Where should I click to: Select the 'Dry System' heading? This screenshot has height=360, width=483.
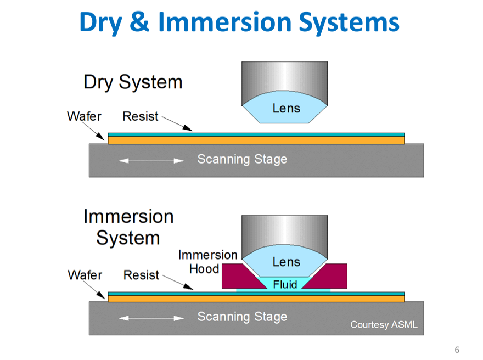pos(132,82)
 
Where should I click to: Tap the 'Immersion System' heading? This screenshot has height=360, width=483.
pos(128,227)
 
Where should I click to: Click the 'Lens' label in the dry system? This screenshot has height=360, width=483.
pos(286,108)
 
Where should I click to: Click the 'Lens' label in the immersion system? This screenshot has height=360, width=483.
pos(286,262)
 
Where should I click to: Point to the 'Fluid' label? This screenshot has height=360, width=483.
pos(285,284)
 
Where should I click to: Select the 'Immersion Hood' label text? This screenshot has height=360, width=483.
pos(207,262)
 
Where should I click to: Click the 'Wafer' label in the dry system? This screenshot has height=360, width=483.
pos(83,116)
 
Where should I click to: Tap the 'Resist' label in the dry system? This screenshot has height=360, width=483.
pos(140,116)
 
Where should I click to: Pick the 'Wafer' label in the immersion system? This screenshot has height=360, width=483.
pos(85,274)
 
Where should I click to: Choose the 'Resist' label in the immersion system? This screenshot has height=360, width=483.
pos(141,274)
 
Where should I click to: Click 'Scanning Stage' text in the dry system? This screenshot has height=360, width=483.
pos(242,160)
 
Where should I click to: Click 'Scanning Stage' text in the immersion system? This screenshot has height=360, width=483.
pos(242,317)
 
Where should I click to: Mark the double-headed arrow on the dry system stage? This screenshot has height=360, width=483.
pos(151,161)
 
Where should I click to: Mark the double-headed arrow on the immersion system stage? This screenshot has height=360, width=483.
pos(151,318)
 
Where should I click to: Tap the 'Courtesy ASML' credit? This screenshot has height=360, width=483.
pos(384,325)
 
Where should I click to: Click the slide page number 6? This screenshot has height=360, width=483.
pos(457,350)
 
